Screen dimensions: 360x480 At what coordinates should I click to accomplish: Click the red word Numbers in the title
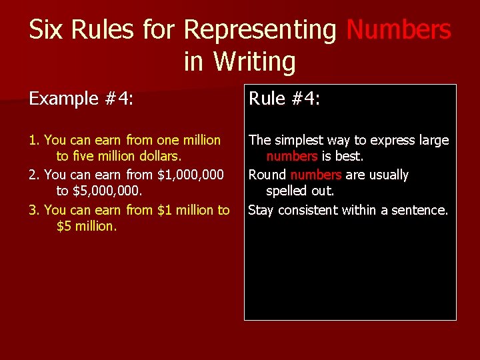(399, 29)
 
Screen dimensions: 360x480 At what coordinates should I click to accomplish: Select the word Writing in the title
(254, 62)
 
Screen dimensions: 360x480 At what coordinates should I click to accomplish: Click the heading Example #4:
(81, 99)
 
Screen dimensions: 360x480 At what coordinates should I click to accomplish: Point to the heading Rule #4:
(285, 99)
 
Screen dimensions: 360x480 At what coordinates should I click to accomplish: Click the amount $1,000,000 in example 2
(191, 175)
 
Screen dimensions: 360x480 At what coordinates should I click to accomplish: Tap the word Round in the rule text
(267, 175)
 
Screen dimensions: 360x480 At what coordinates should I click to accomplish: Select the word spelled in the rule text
(287, 191)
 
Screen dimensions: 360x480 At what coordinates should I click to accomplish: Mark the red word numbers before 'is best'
(292, 157)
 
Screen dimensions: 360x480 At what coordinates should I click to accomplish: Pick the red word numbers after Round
(316, 175)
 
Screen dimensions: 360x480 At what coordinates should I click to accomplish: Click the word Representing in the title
(260, 29)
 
